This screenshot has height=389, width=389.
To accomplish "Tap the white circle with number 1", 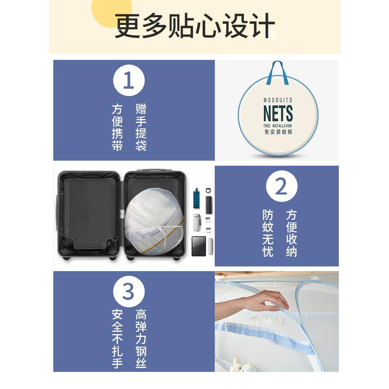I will (128, 81).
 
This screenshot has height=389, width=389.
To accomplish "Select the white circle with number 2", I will (281, 187).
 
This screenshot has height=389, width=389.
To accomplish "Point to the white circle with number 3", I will (128, 292).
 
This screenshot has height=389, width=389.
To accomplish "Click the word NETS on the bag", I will (278, 113).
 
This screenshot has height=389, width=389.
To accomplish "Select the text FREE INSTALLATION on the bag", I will (278, 126).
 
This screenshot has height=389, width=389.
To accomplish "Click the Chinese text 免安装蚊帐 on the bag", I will (278, 132).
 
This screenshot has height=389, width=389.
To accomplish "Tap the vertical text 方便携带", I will (117, 127).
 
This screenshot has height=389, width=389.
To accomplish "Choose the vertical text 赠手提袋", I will (141, 127).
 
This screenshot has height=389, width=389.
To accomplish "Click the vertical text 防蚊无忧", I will (268, 233).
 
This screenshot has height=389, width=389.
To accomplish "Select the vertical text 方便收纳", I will (291, 233).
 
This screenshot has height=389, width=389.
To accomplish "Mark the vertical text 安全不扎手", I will (117, 338).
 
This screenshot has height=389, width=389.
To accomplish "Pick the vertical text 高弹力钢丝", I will (141, 338).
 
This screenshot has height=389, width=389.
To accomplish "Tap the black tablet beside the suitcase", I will (199, 246).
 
